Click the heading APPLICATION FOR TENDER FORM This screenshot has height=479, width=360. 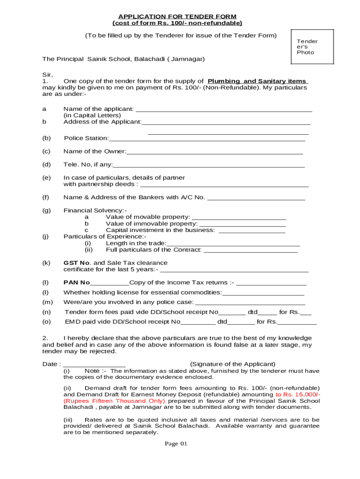click(x=177, y=17)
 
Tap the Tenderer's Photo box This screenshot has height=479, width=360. click(x=312, y=47)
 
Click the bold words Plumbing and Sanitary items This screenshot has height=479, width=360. click(x=258, y=81)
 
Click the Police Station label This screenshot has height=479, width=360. click(x=86, y=138)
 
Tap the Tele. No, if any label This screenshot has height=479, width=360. click(x=88, y=164)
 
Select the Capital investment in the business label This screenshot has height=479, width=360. click(x=160, y=230)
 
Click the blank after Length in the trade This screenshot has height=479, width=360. click(x=233, y=244)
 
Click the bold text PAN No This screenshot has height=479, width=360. click(x=76, y=283)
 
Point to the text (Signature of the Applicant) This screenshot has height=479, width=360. click(x=232, y=364)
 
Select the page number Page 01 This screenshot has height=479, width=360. click(x=176, y=443)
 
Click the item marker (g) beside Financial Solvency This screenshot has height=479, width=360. click(x=46, y=210)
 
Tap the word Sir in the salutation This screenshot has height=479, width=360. click(x=47, y=74)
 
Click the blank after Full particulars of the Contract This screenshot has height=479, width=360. click(x=251, y=251)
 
